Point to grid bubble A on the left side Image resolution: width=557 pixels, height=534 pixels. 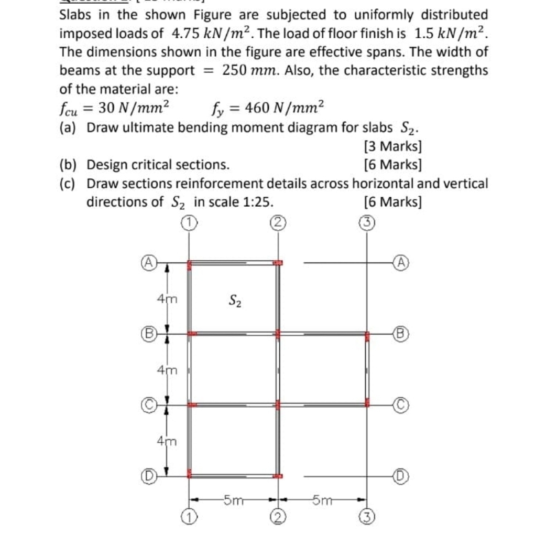[149, 262]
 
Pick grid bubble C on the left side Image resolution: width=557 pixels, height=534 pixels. [149, 405]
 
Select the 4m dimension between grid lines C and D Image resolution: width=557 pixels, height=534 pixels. [167, 441]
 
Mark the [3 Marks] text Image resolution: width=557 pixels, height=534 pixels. [393, 146]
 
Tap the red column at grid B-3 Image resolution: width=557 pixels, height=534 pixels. [367, 334]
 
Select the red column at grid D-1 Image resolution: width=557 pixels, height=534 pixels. [190, 476]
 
